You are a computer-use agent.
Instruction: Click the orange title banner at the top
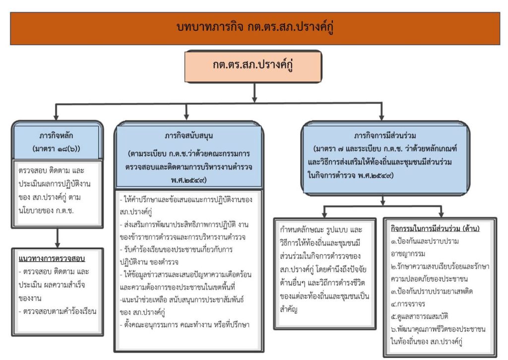(254, 28)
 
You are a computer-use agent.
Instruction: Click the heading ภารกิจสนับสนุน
(189, 135)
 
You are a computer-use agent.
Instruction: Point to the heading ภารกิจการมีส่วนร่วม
(384, 135)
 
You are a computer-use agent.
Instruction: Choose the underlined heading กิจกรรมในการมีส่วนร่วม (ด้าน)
(435, 229)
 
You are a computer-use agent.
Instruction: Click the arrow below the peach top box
(254, 92)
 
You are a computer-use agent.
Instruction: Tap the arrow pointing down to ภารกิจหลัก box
(57, 113)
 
